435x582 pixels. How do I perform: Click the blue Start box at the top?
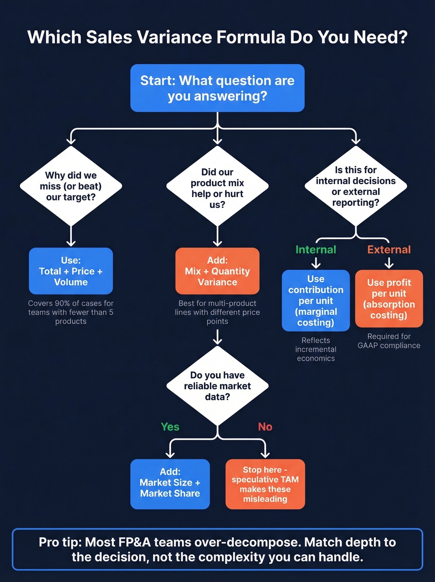pos(217,88)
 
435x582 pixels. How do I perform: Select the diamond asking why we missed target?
pos(71,186)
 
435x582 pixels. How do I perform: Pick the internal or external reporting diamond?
pos(355,186)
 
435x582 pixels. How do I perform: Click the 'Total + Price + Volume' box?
pos(71,271)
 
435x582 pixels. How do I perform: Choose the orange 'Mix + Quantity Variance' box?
pos(217,271)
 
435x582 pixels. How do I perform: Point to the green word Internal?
pos(316,250)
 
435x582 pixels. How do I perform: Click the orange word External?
pos(389,250)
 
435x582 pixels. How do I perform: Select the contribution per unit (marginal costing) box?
pos(316,300)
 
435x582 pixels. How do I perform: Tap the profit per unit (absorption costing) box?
pos(389,299)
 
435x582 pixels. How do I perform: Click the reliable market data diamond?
pos(217,386)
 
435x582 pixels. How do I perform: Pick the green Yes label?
pos(170,427)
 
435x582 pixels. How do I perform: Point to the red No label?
pos(265,427)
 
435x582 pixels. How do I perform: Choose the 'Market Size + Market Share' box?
pos(170,484)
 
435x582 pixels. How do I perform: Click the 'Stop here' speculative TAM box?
pos(265,484)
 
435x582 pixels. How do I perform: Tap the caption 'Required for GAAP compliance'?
pos(389,341)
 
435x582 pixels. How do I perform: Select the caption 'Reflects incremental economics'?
pos(316,349)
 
